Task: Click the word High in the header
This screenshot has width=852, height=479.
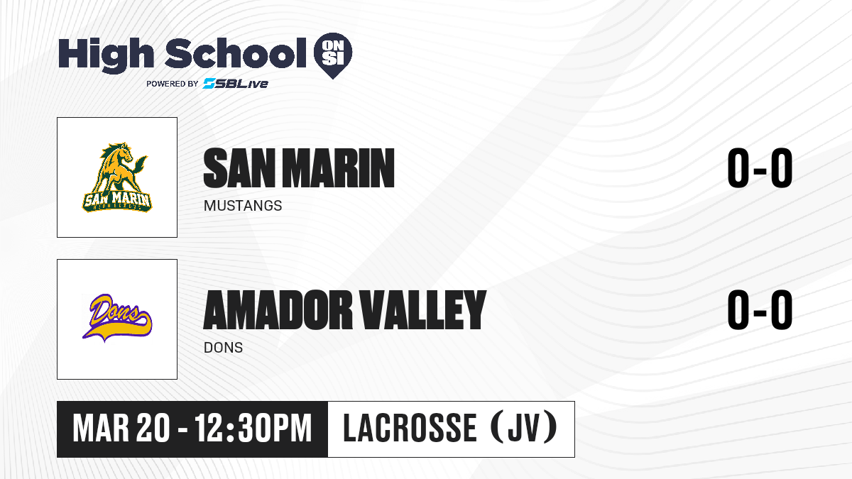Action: point(106,55)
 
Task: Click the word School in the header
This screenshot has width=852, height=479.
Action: point(236,53)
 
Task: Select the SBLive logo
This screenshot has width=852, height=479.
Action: point(236,84)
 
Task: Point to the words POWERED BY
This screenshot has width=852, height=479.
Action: point(173,84)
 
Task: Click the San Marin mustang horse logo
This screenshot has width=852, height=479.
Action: point(116,177)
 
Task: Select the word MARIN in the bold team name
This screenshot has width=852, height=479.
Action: point(339,168)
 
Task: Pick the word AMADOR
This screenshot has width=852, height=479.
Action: point(278,310)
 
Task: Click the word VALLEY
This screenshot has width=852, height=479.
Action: point(423,310)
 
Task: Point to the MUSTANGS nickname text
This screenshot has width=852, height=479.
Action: point(243,206)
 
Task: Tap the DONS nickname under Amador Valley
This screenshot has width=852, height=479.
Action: point(223,348)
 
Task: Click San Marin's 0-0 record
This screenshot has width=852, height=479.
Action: point(760,168)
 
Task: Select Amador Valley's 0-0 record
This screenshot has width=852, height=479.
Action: point(760,309)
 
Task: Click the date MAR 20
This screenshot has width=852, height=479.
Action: point(121,429)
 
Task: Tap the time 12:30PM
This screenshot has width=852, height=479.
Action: point(253,429)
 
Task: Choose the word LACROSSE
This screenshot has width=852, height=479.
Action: point(410,428)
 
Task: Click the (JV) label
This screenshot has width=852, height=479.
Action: point(525,428)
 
